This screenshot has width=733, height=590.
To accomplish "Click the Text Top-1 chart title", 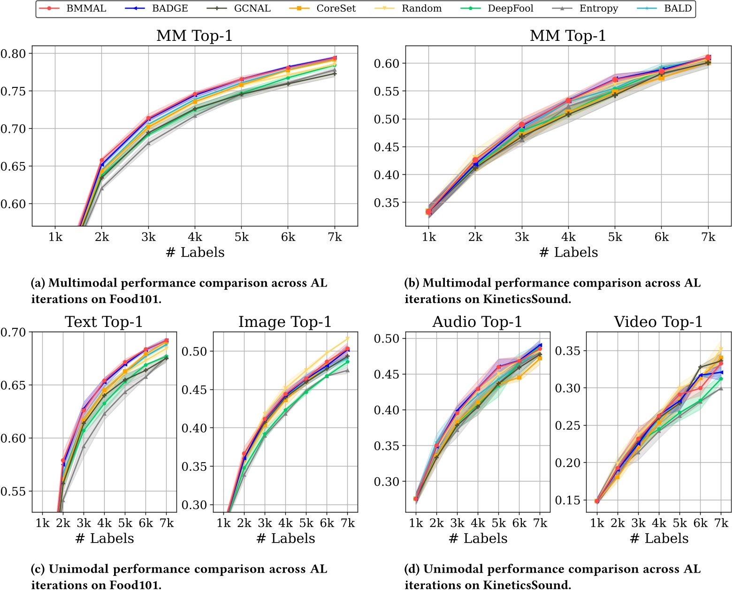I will (x=104, y=322).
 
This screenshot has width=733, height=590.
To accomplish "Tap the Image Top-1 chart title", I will (x=285, y=322).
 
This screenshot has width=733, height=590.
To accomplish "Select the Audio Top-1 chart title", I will (x=477, y=322).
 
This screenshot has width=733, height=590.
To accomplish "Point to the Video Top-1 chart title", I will (x=658, y=322).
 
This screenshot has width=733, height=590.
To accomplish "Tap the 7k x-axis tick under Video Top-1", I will (x=721, y=523).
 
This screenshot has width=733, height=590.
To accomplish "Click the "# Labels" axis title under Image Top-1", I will (x=285, y=538).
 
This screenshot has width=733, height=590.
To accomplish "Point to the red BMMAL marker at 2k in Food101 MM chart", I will (x=102, y=161).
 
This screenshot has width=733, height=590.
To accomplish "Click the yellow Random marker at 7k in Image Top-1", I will (x=348, y=338).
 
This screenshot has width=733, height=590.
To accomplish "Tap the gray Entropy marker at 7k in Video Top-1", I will (x=721, y=388).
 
